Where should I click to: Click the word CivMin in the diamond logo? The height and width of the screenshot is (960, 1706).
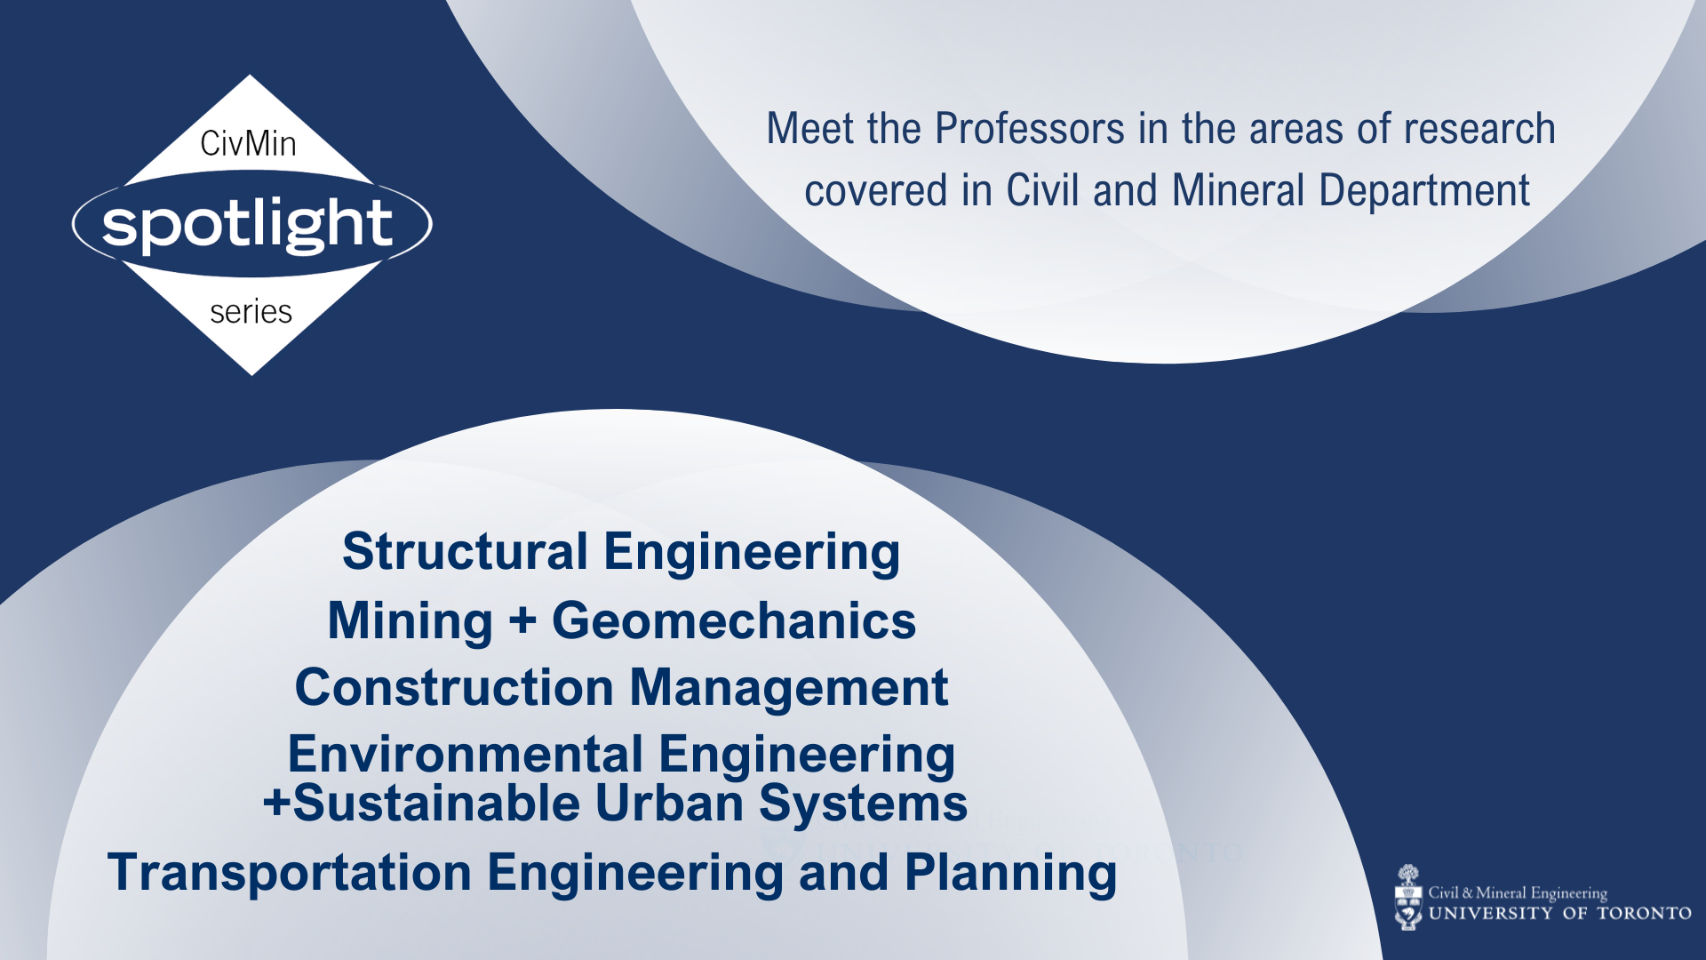[x=248, y=143]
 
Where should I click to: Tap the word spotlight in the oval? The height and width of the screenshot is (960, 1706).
[x=247, y=223]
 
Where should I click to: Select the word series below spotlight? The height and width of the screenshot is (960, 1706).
[x=251, y=312]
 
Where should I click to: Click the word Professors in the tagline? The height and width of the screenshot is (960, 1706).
[x=1030, y=129]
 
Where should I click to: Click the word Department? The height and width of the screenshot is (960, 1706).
[x=1423, y=191]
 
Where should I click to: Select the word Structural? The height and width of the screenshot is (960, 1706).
[x=465, y=552]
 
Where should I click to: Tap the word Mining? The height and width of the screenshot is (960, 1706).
[x=410, y=620]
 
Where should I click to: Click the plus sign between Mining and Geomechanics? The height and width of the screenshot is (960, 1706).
[x=522, y=620]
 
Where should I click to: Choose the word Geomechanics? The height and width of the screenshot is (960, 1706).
[x=734, y=620]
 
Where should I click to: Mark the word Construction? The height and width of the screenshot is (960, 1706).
[x=454, y=688]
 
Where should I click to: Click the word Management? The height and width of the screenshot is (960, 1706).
[x=789, y=688]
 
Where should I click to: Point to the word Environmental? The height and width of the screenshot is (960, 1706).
[x=465, y=755]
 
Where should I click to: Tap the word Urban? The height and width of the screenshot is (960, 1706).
[x=668, y=804]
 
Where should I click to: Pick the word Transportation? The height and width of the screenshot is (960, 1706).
[x=289, y=873]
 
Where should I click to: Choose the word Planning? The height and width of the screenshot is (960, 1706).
[x=1010, y=873]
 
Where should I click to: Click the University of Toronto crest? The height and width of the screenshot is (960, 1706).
[x=1408, y=898]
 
